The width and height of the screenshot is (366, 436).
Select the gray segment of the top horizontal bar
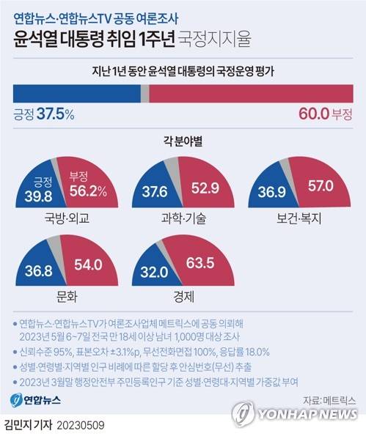click(144, 94)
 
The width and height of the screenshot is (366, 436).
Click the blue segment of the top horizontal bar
click(76, 94)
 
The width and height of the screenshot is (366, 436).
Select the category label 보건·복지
click(299, 218)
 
